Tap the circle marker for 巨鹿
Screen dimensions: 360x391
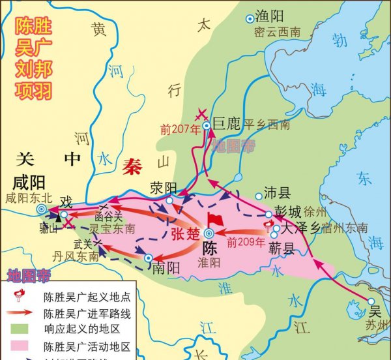click(206, 125)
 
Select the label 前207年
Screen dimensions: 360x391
click(179, 128)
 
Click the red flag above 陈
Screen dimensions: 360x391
click(212, 220)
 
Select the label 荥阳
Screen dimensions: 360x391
click(164, 188)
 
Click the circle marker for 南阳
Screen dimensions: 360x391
click(149, 259)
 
